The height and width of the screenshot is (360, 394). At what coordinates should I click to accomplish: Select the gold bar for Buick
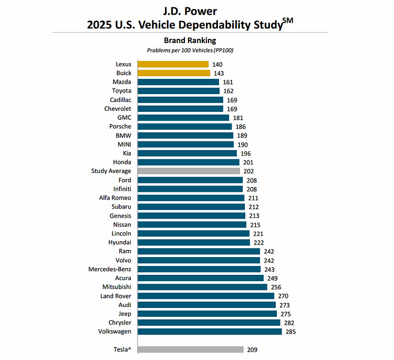174,73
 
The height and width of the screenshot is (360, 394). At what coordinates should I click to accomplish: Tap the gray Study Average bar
189,171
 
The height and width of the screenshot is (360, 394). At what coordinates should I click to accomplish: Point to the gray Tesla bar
191,349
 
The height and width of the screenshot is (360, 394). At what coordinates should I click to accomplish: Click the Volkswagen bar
210,332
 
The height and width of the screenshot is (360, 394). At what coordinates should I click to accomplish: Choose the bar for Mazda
179,82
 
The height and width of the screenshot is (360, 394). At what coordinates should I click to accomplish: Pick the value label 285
292,332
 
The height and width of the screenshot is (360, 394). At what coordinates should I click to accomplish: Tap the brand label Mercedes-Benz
110,269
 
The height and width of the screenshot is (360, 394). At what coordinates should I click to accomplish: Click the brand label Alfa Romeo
115,198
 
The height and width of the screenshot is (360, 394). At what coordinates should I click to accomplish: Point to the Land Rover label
116,296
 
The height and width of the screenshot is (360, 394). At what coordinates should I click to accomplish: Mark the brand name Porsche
120,126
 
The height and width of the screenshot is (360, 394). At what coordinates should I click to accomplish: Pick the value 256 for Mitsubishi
276,287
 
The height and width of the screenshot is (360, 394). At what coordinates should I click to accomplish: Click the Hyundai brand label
120,242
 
